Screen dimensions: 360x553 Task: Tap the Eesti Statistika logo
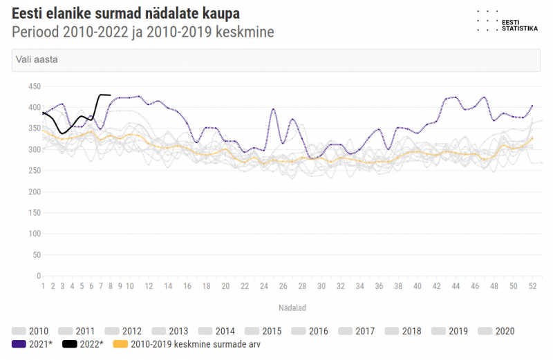(508, 21)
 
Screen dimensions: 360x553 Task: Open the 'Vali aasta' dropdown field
(276, 60)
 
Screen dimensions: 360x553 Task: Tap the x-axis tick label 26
(283, 286)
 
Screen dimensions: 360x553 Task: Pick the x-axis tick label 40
(417, 286)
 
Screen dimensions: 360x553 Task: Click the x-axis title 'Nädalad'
(293, 307)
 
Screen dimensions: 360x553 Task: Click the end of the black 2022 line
(111, 95)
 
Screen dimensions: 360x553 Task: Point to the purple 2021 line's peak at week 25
(274, 109)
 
